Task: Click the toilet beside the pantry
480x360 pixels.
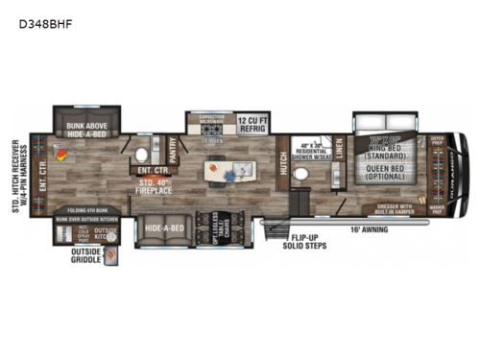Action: click(143, 154)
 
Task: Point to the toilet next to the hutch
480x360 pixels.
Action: click(300, 175)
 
